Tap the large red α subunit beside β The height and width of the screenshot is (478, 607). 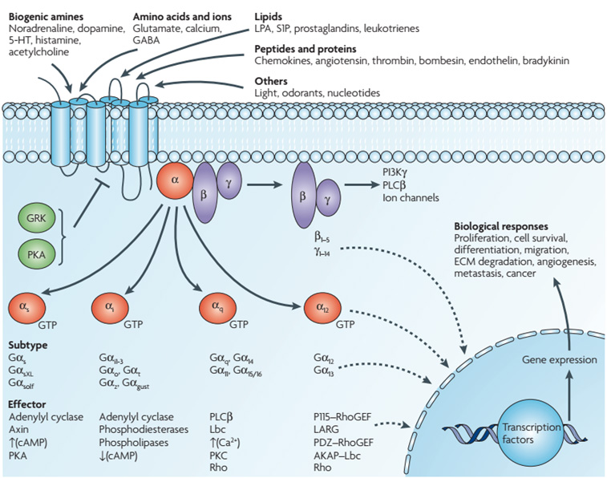click(x=174, y=185)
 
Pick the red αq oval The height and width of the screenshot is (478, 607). click(x=216, y=309)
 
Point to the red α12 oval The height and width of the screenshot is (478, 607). click(x=321, y=309)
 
